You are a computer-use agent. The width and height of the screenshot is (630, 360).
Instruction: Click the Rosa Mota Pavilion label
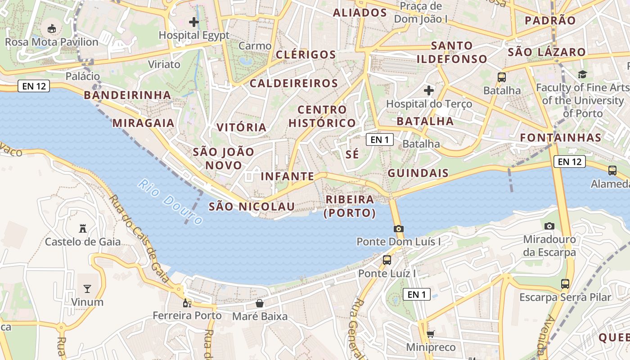coord(51,42)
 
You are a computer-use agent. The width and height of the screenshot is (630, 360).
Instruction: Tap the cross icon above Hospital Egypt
coord(194,22)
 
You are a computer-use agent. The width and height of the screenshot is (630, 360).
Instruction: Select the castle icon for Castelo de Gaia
coord(82,229)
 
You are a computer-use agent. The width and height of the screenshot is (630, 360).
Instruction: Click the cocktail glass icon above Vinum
coord(87,288)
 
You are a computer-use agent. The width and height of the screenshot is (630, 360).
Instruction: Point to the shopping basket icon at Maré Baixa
coord(260,303)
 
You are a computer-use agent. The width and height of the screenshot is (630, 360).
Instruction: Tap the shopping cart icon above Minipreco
coord(431,334)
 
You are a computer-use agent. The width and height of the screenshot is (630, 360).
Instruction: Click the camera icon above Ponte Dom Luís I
coord(398,229)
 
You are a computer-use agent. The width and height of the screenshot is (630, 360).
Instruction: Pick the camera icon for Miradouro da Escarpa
coord(549,226)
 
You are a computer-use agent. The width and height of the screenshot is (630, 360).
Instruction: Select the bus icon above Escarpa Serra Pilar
coord(565,284)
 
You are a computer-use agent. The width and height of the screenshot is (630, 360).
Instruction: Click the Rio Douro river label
coord(170,202)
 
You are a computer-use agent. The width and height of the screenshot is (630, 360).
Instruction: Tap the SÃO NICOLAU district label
coord(252,207)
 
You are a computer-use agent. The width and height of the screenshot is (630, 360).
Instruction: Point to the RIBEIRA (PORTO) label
coord(350,206)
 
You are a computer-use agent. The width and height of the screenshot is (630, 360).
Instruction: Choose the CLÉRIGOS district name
coord(306,55)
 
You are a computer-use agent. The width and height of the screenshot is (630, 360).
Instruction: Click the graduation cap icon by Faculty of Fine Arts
coord(583,74)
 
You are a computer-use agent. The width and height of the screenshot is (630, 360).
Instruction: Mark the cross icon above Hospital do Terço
coord(429,90)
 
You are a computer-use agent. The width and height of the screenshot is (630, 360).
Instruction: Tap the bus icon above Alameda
coord(612,171)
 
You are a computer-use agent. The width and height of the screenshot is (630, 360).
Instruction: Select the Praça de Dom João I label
coord(421,13)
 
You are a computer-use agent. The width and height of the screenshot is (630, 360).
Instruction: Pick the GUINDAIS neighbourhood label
coord(418,173)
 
